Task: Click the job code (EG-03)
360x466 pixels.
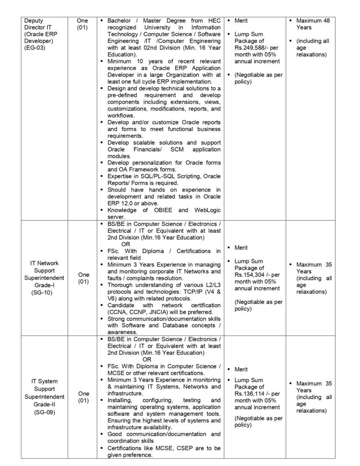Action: click(35, 47)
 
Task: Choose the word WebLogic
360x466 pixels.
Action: click(204, 210)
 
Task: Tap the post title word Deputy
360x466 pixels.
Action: click(34, 21)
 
